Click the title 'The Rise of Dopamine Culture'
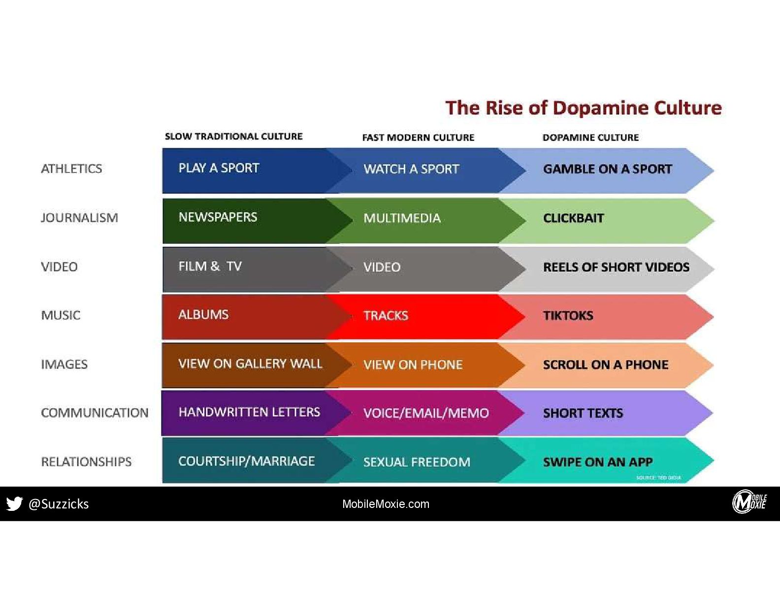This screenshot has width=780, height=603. [583, 108]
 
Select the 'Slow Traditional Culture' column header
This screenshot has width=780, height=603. [233, 136]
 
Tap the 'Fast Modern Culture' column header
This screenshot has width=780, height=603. [418, 137]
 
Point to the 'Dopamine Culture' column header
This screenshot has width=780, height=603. [590, 137]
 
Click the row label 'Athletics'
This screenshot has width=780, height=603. [71, 168]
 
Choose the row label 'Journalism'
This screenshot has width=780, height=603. [79, 218]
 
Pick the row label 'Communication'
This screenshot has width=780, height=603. [95, 413]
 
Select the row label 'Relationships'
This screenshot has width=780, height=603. [86, 462]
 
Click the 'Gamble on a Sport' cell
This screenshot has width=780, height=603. [607, 169]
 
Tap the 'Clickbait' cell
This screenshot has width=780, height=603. [573, 218]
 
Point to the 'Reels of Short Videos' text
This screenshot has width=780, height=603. [616, 267]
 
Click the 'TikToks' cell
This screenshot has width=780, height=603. [568, 316]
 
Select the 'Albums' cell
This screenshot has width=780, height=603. [203, 315]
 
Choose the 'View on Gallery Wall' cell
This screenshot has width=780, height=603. [250, 364]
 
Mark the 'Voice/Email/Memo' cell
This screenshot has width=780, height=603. [426, 413]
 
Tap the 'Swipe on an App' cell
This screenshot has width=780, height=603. [598, 462]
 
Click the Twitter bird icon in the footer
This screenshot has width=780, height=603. [14, 503]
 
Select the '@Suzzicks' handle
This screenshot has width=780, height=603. [59, 504]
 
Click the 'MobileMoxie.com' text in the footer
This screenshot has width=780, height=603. [386, 504]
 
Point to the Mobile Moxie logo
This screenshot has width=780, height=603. [749, 502]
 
